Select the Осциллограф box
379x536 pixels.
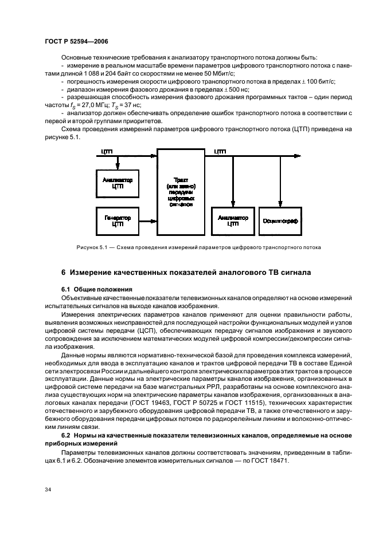point(280,220)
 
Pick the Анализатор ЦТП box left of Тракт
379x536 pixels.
point(117,182)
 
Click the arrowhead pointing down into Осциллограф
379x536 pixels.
point(280,203)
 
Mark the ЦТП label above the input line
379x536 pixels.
point(107,151)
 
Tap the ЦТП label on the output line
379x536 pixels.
point(220,151)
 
